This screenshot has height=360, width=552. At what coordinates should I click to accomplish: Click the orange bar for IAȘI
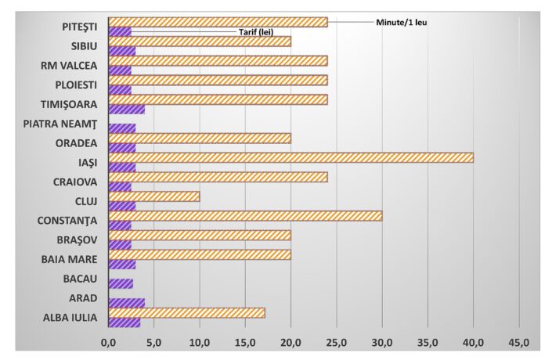click(290, 157)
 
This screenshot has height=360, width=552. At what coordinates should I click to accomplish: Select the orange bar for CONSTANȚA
click(245, 216)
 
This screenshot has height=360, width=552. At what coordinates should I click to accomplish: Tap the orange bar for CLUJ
click(153, 196)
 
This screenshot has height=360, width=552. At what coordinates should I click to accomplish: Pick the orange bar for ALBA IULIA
click(186, 313)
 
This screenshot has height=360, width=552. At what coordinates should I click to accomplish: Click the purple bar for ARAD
click(126, 303)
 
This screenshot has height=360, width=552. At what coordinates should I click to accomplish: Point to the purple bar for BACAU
click(121, 283)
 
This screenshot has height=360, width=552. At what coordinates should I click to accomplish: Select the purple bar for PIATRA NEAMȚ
click(121, 128)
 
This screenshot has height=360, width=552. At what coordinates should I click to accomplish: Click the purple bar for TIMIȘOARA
click(126, 109)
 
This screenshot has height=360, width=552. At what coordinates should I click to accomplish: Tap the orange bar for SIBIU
click(200, 41)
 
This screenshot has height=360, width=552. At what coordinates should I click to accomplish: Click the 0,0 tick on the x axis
click(108, 342)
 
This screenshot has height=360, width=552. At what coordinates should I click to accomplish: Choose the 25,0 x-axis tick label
click(337, 342)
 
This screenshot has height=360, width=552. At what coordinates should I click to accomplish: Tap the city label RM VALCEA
click(69, 66)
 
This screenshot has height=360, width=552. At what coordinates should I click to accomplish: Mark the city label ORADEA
click(76, 143)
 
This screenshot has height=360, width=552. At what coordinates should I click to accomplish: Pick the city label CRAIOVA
click(74, 182)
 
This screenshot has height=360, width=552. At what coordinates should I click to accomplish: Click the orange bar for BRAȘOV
click(200, 235)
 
